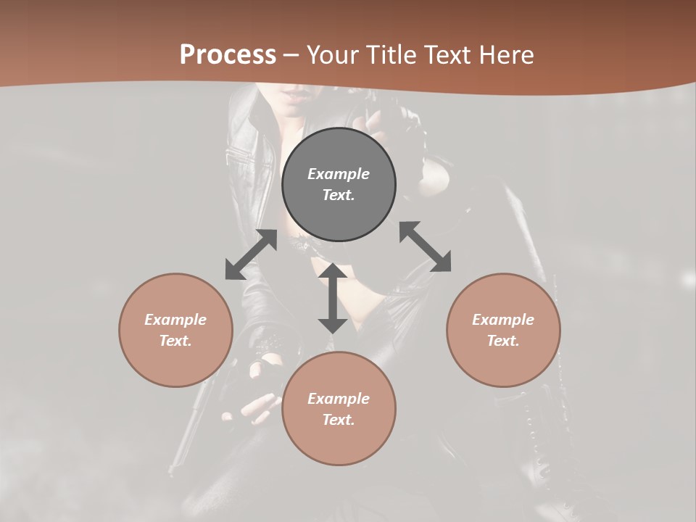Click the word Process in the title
point(228,55)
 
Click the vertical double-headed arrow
point(333,298)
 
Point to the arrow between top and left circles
point(251,254)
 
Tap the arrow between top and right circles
point(426,246)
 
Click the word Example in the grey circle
point(339,174)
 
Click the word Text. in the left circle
point(175,341)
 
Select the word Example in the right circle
point(503,320)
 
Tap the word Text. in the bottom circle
point(339,420)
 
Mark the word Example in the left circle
point(175,320)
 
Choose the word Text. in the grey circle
point(339,195)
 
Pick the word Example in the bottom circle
point(339,399)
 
